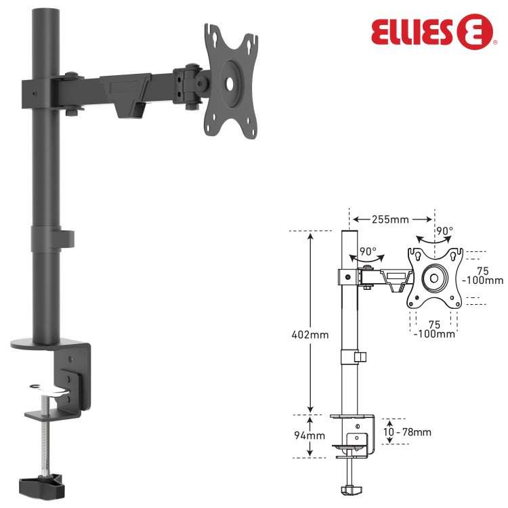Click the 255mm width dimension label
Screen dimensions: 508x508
(390, 219)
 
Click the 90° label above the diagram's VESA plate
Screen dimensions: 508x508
(444, 231)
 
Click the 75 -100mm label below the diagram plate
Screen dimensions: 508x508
(434, 329)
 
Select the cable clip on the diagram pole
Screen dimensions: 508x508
(360, 356)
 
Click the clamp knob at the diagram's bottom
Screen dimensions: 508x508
(350, 489)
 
